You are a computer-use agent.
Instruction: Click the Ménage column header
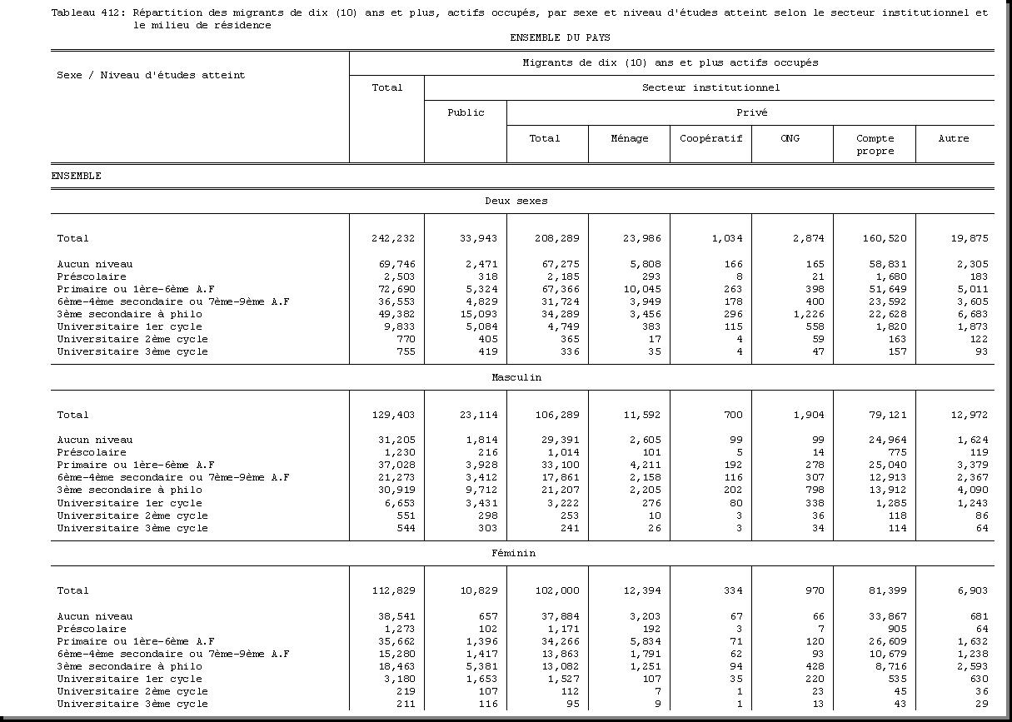pyautogui.click(x=629, y=138)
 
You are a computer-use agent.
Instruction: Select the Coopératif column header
pyautogui.click(x=710, y=138)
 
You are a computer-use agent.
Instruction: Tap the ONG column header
pyautogui.click(x=790, y=138)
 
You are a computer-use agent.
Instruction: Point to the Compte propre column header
pyautogui.click(x=875, y=144)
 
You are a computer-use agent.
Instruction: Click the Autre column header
pyautogui.click(x=954, y=138)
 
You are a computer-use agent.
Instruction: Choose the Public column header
pyautogui.click(x=466, y=112)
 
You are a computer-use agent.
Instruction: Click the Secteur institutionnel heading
pyautogui.click(x=710, y=87)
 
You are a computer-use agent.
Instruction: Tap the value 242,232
pyautogui.click(x=392, y=238)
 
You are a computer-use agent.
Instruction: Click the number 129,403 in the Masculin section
pyautogui.click(x=392, y=415)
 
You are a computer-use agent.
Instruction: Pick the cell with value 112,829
pyautogui.click(x=392, y=590)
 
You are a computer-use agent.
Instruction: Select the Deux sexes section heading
pyautogui.click(x=516, y=201)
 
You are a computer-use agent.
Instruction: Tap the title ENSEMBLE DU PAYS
pyautogui.click(x=560, y=37)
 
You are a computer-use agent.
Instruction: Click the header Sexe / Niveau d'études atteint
pyautogui.click(x=151, y=75)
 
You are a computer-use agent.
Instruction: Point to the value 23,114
pyautogui.click(x=478, y=415)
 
